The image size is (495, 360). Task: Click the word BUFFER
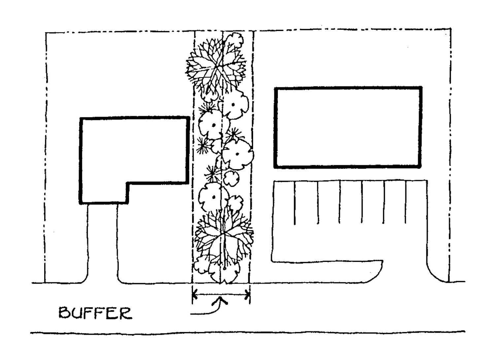pyautogui.click(x=95, y=313)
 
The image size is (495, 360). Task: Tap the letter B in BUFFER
pyautogui.click(x=65, y=313)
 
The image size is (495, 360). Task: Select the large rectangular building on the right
pyautogui.click(x=348, y=127)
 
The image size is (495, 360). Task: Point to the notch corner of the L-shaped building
pyautogui.click(x=127, y=183)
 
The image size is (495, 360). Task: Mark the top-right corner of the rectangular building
pyautogui.click(x=421, y=88)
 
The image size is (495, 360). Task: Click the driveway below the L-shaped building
pyautogui.click(x=102, y=244)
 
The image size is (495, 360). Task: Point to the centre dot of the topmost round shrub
pyautogui.click(x=233, y=105)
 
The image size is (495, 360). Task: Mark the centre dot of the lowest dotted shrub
pyautogui.click(x=214, y=197)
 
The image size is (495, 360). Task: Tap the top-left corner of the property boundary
pyautogui.click(x=46, y=33)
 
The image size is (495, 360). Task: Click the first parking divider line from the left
pyautogui.click(x=295, y=203)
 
